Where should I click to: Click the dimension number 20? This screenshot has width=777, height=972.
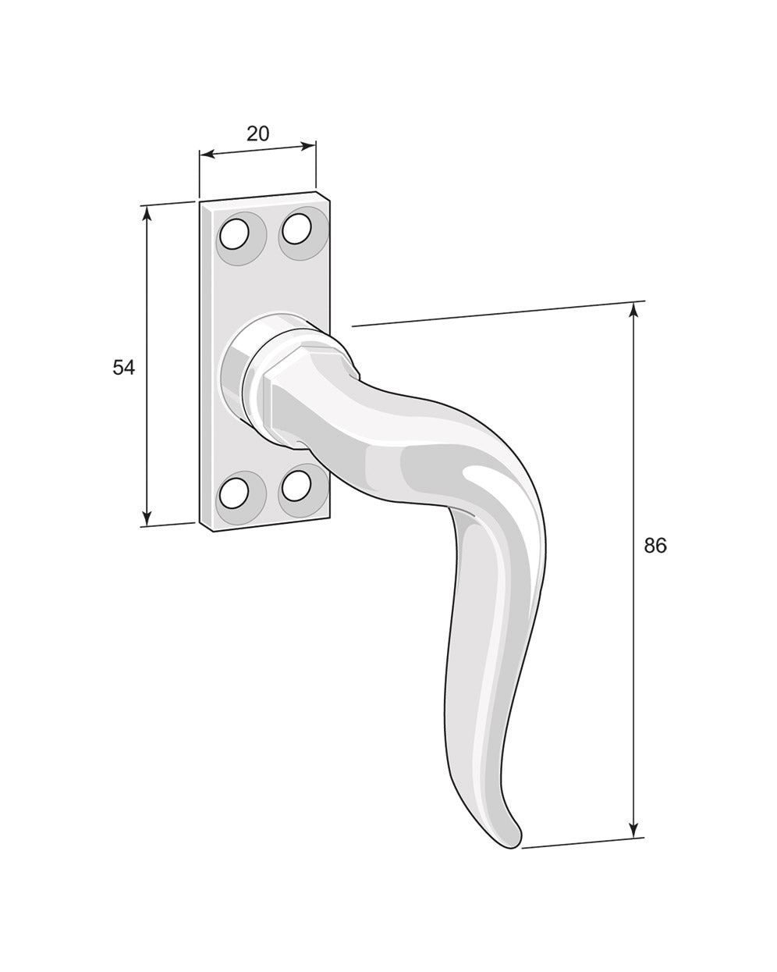tap(257, 134)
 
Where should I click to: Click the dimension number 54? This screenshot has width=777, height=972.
tap(123, 367)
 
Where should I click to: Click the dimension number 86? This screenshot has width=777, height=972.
tap(655, 546)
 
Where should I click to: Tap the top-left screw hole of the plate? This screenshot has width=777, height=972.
tap(234, 234)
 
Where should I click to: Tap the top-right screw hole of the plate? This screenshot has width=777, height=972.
tap(296, 229)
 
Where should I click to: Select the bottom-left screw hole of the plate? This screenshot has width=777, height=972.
tap(234, 493)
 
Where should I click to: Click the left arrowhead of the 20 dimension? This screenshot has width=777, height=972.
tap(205, 155)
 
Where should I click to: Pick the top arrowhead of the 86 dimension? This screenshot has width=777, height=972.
tap(633, 310)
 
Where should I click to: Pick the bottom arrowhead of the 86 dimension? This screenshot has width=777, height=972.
tap(633, 831)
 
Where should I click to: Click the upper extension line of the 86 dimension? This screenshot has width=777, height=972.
tap(499, 313)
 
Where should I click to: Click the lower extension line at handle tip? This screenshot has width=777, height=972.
tap(581, 842)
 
